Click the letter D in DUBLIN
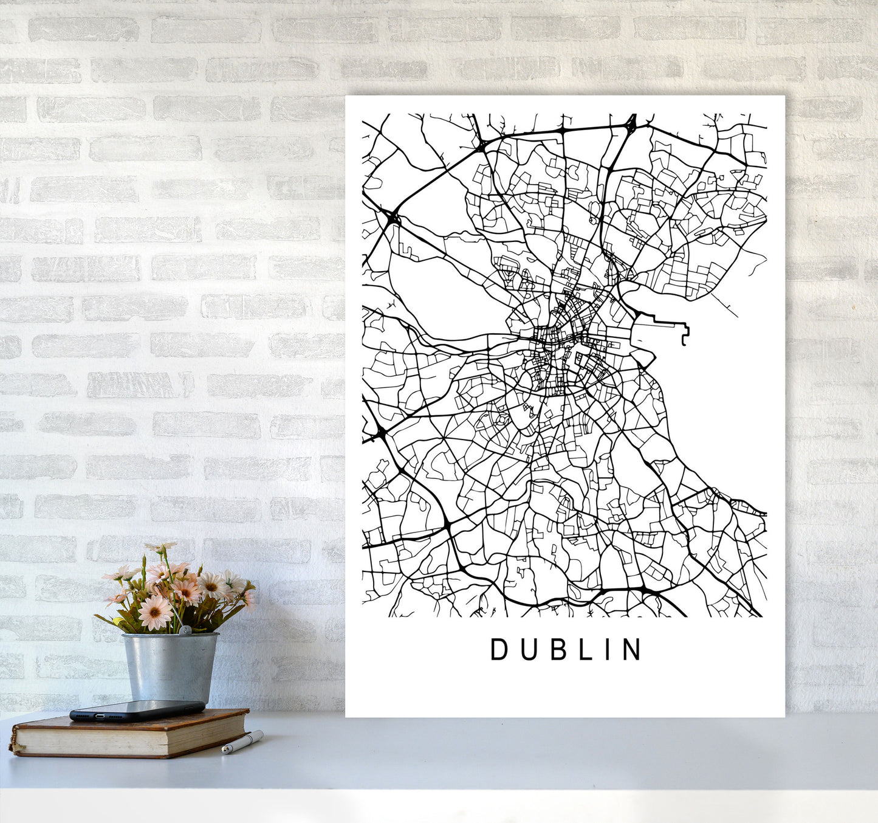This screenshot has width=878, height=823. pyautogui.click(x=499, y=650)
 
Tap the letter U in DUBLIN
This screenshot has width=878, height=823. pyautogui.click(x=526, y=650)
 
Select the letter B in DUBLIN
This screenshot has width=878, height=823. pyautogui.click(x=554, y=650)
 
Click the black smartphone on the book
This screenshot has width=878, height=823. pyautogui.click(x=137, y=710)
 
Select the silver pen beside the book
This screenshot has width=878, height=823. pyautogui.click(x=242, y=742)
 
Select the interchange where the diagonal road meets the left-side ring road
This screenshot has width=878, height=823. pyautogui.click(x=391, y=215)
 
